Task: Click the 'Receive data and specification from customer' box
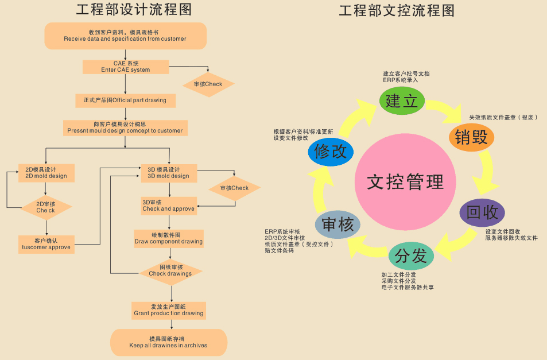(125, 36)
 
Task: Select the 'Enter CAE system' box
(126, 67)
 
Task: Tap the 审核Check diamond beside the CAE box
(208, 84)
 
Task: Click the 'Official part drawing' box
(125, 100)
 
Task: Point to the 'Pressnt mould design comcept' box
(125, 127)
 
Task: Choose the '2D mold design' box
(46, 173)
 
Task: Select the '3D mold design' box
(169, 173)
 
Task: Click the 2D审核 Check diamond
(46, 207)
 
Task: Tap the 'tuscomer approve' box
(46, 243)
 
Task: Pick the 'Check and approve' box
(169, 206)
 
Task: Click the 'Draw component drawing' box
(169, 238)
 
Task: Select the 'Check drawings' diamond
(170, 270)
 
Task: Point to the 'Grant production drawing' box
(169, 310)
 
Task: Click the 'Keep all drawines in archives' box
(169, 342)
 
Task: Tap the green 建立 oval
(402, 100)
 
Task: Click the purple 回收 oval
(482, 212)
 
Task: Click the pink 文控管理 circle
(405, 182)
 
